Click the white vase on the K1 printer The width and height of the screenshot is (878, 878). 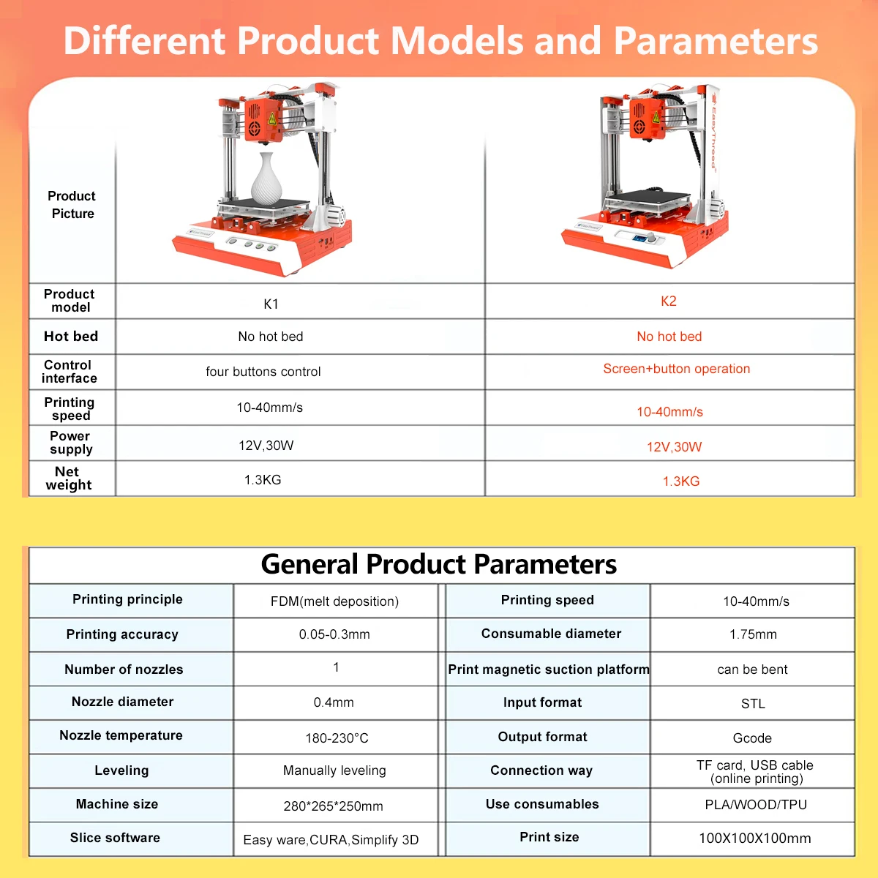(267, 179)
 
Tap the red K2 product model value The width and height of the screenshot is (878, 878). (669, 301)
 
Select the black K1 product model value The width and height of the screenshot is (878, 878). (271, 304)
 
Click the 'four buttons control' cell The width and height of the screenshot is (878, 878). (263, 372)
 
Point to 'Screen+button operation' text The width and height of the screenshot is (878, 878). (676, 369)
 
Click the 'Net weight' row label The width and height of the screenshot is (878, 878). (68, 478)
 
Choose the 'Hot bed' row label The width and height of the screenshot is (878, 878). (71, 337)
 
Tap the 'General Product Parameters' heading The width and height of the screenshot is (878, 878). (438, 564)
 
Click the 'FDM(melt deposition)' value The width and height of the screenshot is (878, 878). (334, 601)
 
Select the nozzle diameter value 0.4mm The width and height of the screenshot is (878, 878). (334, 702)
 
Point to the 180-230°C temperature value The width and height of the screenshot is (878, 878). (337, 738)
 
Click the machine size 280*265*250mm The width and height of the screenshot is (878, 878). (333, 806)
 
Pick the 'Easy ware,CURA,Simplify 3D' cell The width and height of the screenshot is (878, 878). (331, 840)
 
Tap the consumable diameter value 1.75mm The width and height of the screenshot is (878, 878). (753, 634)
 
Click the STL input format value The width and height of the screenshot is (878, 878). (753, 704)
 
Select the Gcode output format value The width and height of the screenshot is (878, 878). (752, 738)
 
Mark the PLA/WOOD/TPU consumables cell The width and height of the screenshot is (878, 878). (756, 805)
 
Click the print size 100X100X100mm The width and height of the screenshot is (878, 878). (755, 838)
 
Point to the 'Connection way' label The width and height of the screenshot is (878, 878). (541, 770)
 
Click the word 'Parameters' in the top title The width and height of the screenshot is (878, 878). (716, 41)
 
